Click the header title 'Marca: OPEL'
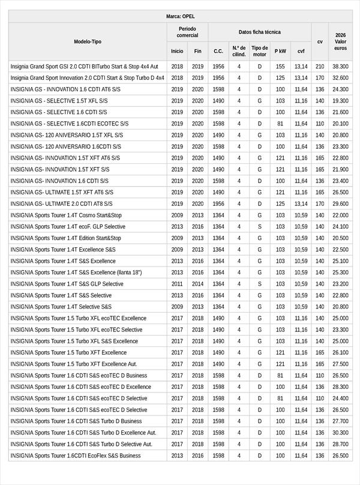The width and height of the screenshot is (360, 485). [180, 16]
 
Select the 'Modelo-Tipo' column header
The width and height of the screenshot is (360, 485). [88, 41]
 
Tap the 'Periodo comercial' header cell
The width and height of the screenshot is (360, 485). [187, 32]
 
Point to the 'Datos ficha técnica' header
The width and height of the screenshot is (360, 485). [259, 32]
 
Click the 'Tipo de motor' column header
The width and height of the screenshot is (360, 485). [260, 51]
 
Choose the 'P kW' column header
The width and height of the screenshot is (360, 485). [280, 51]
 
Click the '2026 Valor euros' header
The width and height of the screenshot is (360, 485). [340, 41]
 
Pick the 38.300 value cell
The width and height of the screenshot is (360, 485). [340, 66]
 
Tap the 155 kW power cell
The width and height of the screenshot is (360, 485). [280, 66]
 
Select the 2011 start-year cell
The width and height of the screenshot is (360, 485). [177, 284]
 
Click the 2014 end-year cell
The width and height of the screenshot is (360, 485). [198, 284]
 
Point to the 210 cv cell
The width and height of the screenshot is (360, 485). [320, 66]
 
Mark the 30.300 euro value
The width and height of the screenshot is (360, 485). [340, 432]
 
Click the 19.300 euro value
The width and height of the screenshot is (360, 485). [340, 101]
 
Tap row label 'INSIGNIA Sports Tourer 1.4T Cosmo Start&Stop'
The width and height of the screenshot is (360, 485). [66, 215]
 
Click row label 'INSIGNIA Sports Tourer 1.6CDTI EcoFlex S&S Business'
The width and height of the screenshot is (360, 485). [76, 456]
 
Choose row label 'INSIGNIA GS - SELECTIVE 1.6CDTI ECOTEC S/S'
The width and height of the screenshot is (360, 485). [70, 124]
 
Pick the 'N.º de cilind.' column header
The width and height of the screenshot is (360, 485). [239, 51]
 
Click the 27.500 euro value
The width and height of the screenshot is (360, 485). [340, 364]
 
